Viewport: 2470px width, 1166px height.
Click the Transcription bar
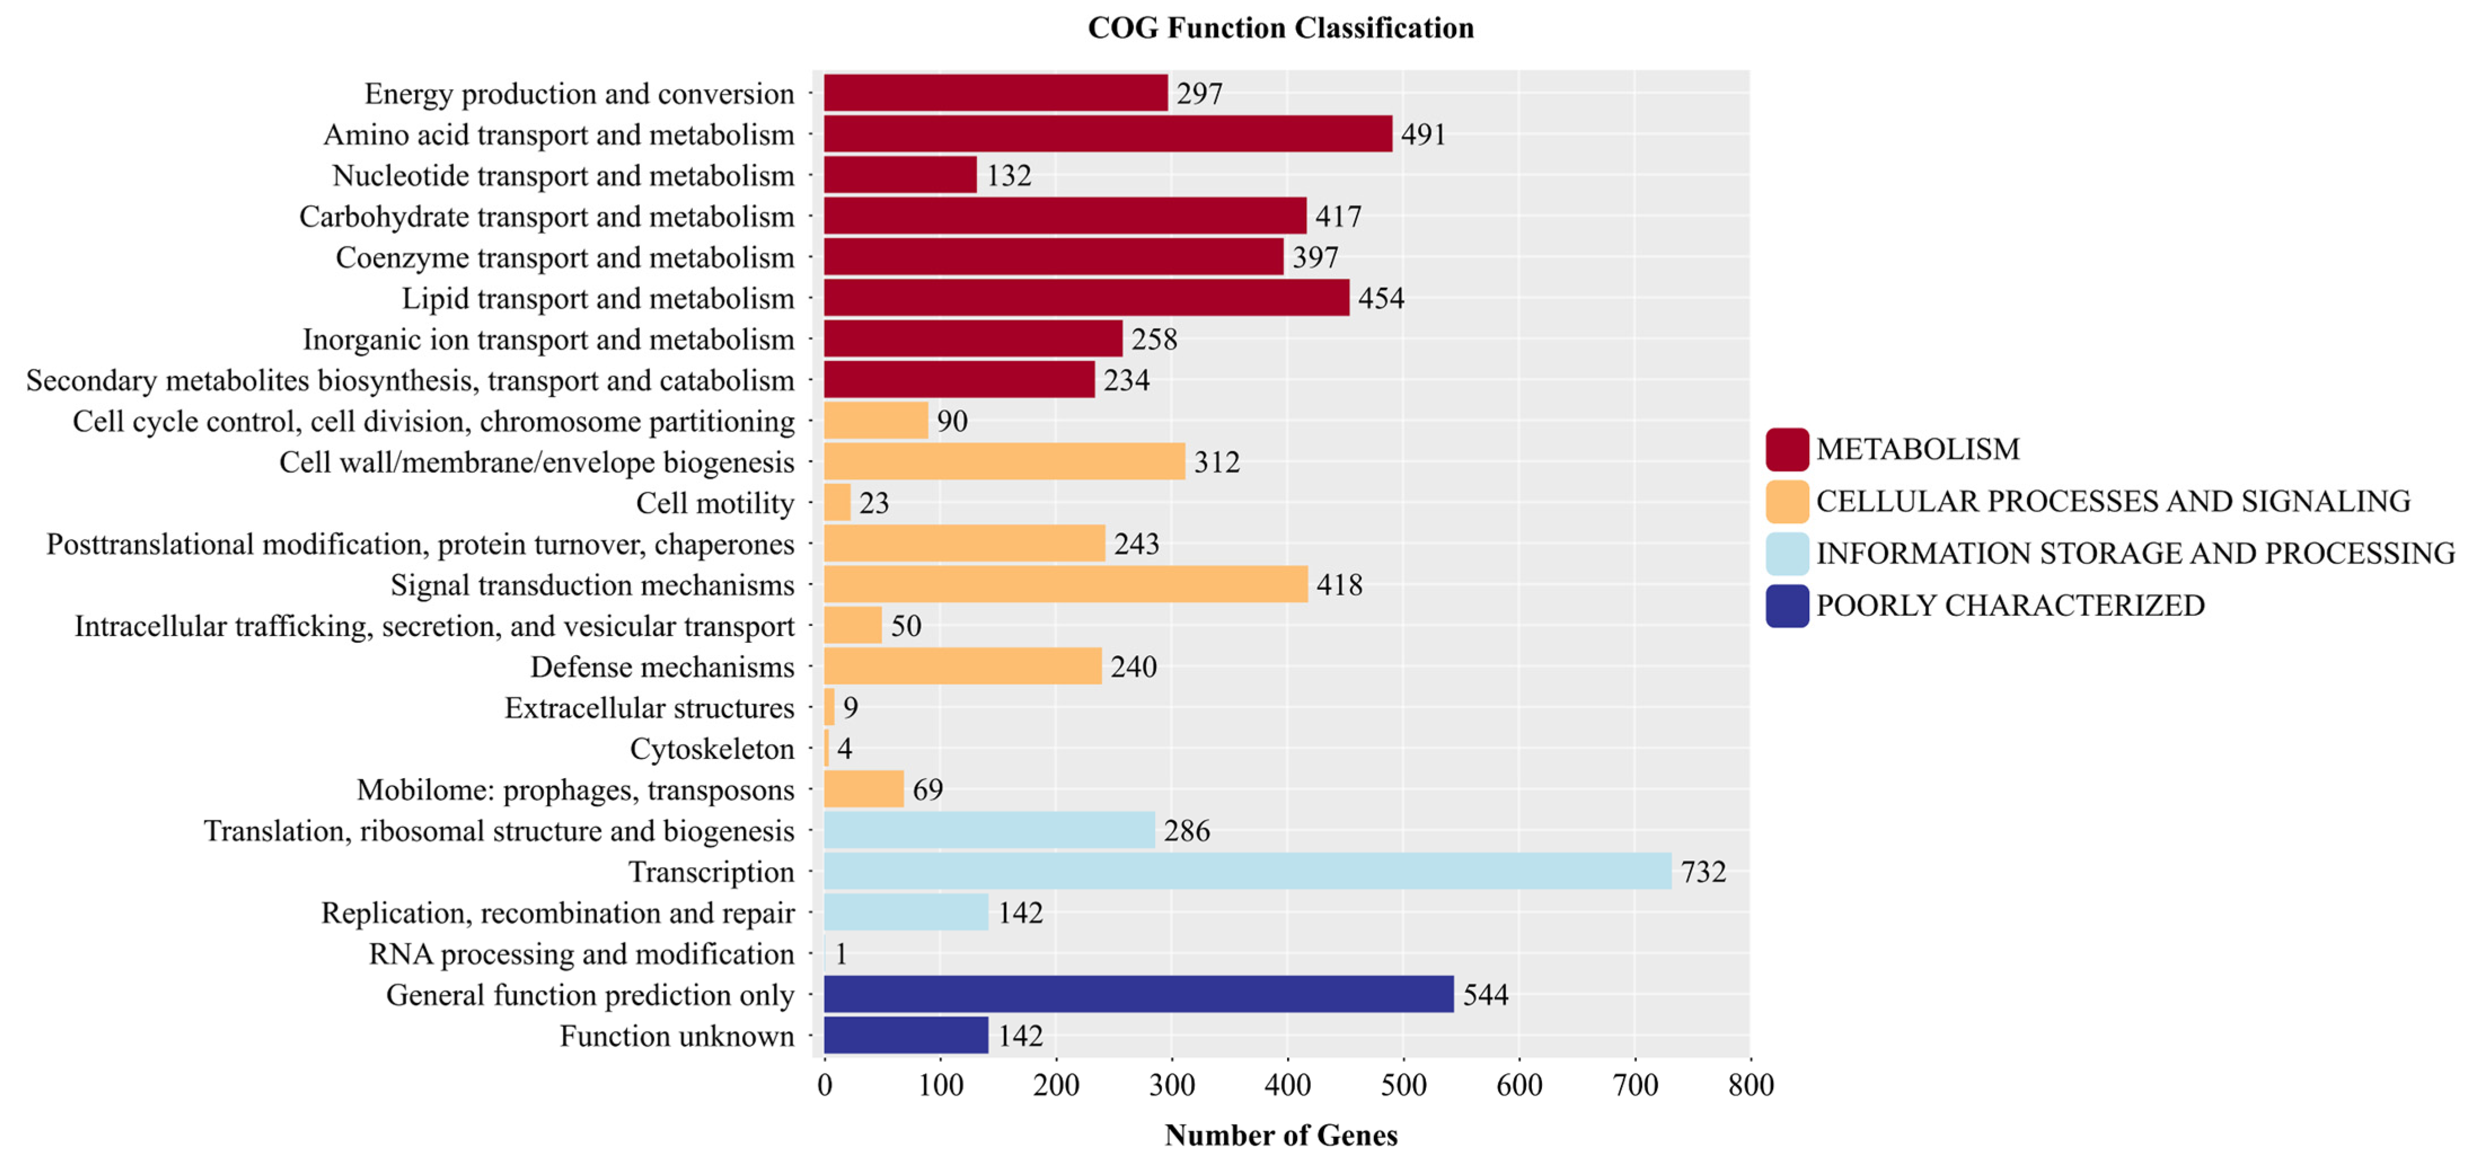pyautogui.click(x=1247, y=871)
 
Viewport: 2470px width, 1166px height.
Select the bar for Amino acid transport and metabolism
pyautogui.click(x=1107, y=134)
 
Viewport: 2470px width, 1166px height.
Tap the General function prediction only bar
pyautogui.click(x=1138, y=995)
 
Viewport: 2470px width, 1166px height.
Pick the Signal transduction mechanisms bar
pyautogui.click(x=1065, y=584)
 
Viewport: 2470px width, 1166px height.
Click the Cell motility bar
pyautogui.click(x=837, y=502)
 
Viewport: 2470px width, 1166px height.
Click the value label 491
pyautogui.click(x=1423, y=134)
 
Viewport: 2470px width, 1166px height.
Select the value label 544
pyautogui.click(x=1485, y=995)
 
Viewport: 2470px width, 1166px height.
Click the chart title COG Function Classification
pyautogui.click(x=1280, y=28)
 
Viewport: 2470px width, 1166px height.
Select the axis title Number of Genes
pyautogui.click(x=1280, y=1136)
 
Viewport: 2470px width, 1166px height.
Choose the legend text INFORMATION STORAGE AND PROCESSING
pyautogui.click(x=2135, y=553)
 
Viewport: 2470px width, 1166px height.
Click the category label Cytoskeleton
pyautogui.click(x=712, y=749)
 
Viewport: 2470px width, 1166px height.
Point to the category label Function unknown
pyautogui.click(x=677, y=1036)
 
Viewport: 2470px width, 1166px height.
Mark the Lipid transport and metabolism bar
pyautogui.click(x=1086, y=298)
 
